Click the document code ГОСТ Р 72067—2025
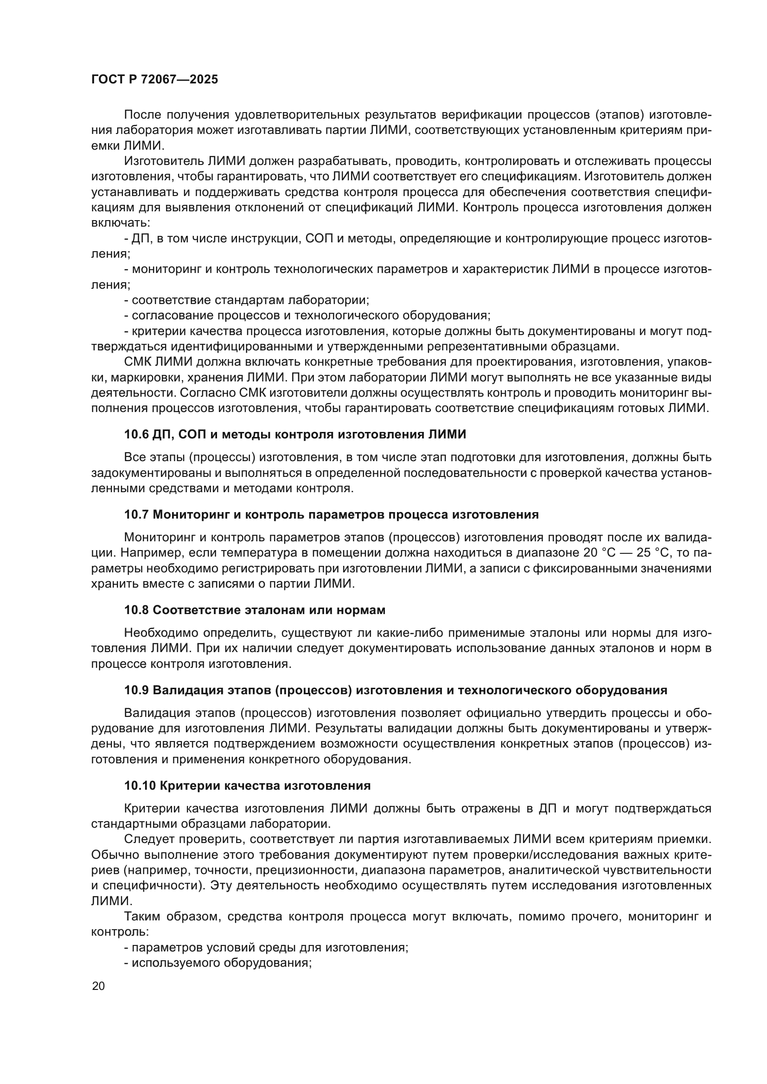[154, 79]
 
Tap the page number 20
[98, 986]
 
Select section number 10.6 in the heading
[136, 434]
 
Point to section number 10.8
[136, 610]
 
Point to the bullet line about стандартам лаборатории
[247, 300]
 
